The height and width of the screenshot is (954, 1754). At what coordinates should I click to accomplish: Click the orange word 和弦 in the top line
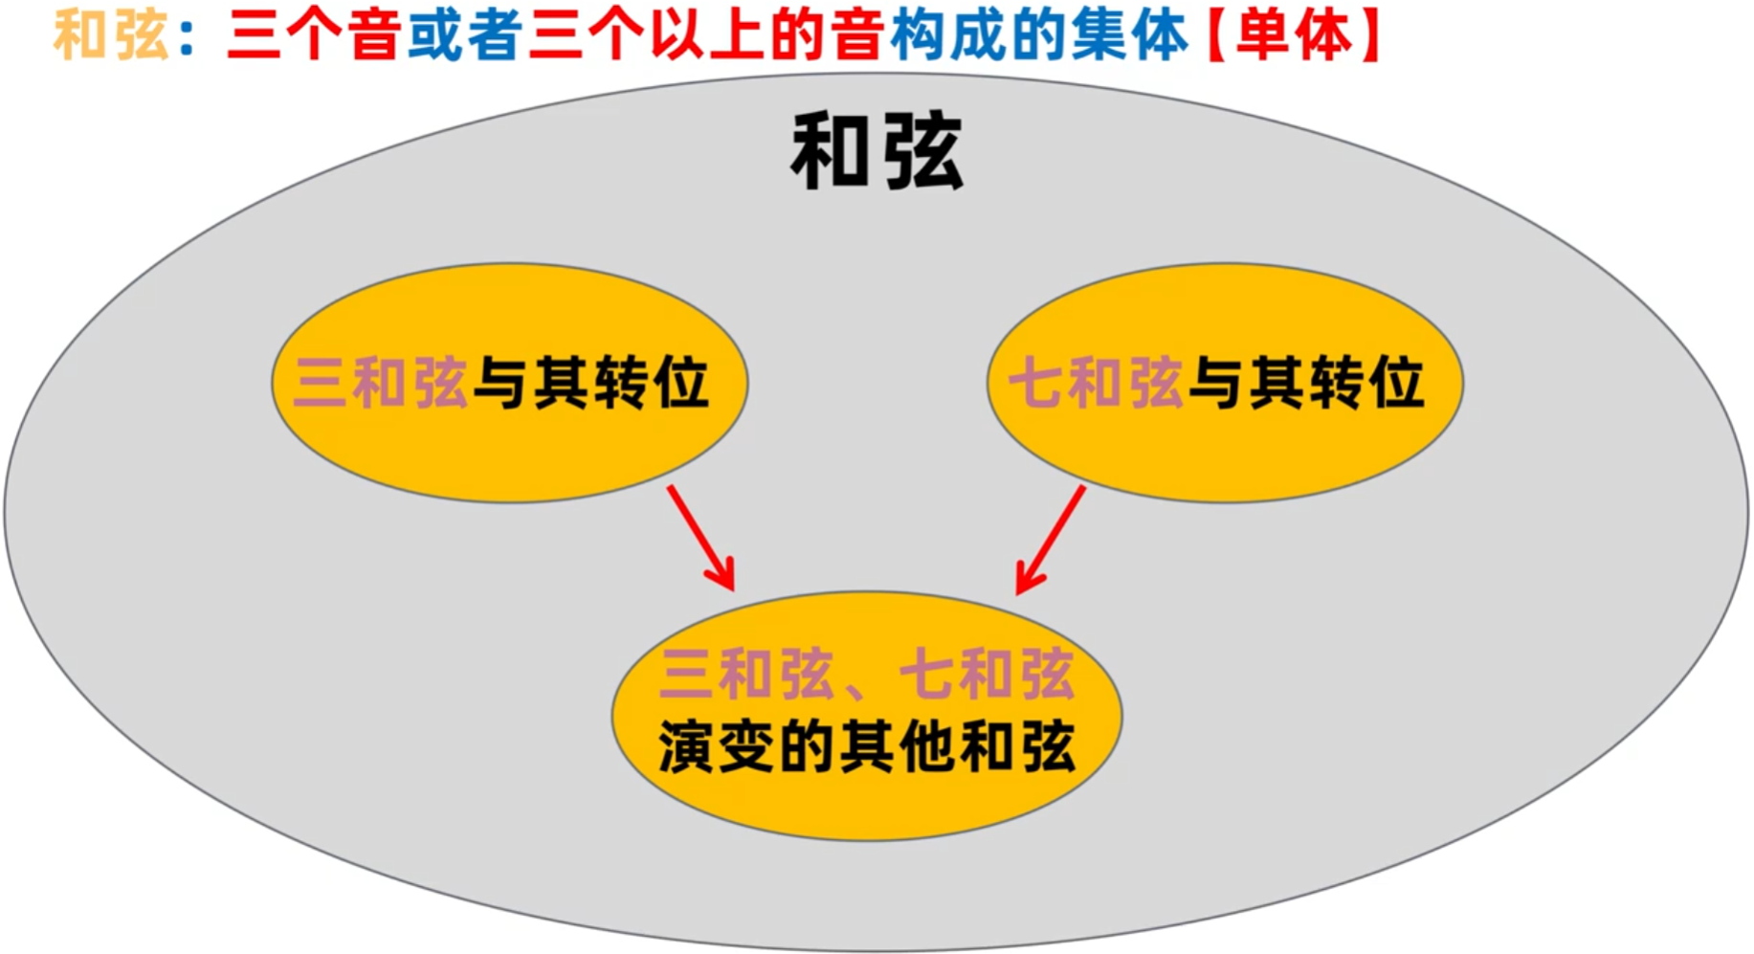tap(111, 35)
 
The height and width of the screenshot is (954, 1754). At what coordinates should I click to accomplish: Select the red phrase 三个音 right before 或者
tap(312, 35)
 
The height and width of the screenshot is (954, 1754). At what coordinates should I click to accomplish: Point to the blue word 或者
tap(465, 35)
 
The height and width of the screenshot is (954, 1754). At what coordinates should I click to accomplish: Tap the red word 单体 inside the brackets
tap(1294, 35)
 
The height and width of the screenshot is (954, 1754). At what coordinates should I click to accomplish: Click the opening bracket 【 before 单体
tap(1217, 36)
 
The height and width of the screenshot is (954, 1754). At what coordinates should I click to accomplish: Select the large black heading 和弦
tap(877, 151)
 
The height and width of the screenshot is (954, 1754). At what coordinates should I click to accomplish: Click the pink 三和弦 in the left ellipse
tap(380, 383)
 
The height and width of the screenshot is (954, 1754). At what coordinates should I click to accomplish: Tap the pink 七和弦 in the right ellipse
tap(1096, 383)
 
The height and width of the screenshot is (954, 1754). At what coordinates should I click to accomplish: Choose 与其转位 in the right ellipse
tap(1307, 383)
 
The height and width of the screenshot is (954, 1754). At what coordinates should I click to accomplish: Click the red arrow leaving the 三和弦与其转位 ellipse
tap(701, 538)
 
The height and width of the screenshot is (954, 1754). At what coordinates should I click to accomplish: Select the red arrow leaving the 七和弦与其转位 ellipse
tap(1051, 540)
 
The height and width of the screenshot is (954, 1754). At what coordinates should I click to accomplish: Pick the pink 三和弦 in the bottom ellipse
tap(746, 674)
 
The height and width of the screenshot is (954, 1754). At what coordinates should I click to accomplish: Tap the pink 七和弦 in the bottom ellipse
tap(988, 674)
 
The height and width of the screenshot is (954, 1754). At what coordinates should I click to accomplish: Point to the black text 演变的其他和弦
tap(867, 746)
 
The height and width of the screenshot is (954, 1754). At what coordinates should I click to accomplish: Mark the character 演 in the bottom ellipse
tap(685, 746)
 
